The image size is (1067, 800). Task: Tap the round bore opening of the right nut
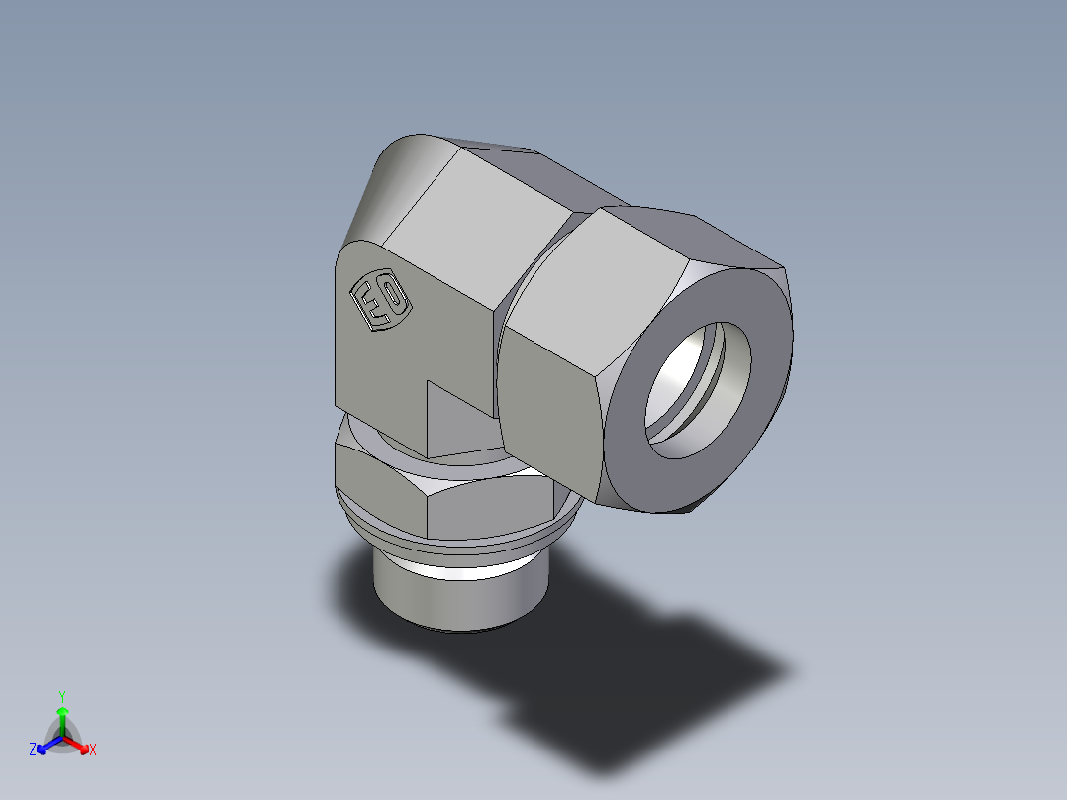coord(698,390)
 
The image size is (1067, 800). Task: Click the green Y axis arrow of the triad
coord(62,715)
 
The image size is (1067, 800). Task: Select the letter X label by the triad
coord(93,750)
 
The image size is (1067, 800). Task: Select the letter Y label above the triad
coord(62,696)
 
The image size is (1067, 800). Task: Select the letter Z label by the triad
coord(33,750)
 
